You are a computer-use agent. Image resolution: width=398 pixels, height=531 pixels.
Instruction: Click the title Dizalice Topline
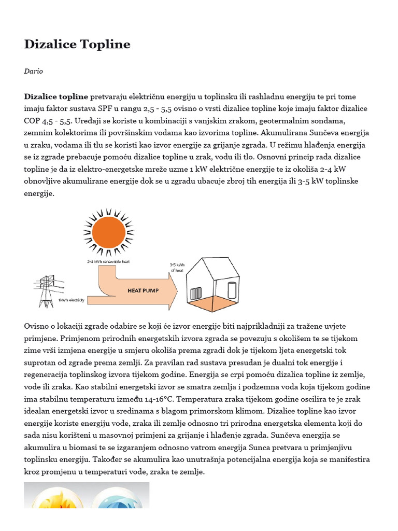(x=77, y=45)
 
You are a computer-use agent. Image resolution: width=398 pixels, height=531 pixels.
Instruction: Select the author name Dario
(x=33, y=71)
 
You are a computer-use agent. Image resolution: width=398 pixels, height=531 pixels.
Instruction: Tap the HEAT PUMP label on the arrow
(x=142, y=291)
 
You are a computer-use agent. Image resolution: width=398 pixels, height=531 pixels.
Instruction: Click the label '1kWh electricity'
(x=72, y=300)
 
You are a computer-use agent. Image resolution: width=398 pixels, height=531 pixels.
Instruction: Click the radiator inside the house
(x=196, y=294)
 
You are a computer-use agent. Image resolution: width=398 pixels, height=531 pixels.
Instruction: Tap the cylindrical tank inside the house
(x=232, y=289)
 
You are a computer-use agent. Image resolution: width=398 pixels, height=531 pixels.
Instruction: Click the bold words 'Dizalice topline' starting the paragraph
(x=56, y=96)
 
